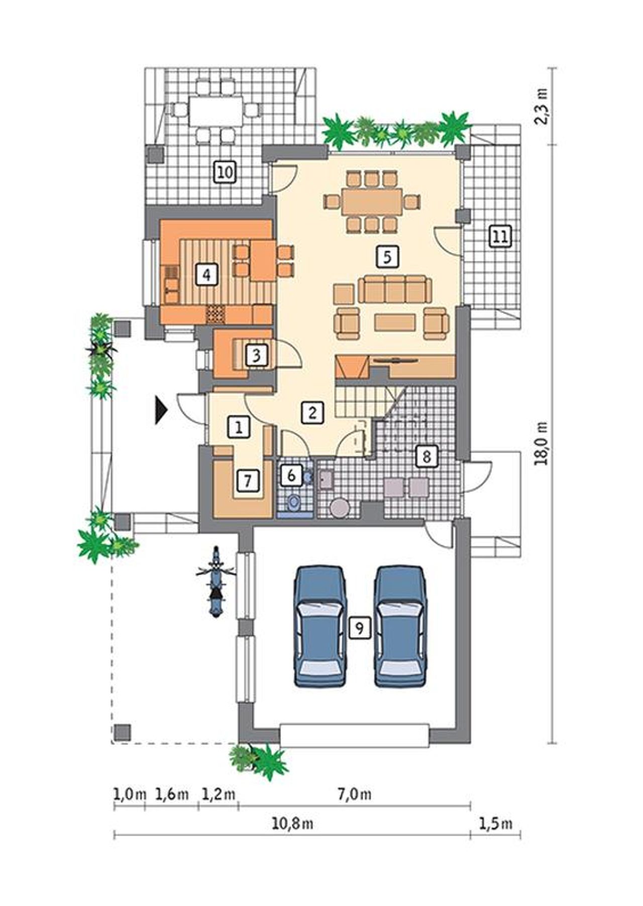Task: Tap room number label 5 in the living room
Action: (x=387, y=256)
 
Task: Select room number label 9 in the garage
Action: (x=359, y=627)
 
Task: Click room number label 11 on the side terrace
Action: (x=500, y=236)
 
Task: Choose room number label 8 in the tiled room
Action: (x=426, y=457)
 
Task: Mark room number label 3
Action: (x=256, y=356)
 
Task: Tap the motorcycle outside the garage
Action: (x=216, y=583)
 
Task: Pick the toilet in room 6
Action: (x=293, y=502)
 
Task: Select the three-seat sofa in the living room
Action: (x=395, y=289)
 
